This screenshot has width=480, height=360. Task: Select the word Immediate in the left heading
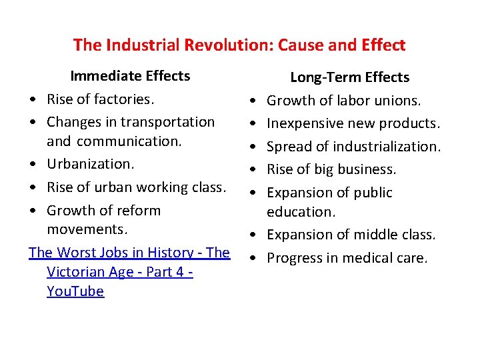(101, 76)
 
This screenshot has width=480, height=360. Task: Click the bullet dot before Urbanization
(32, 165)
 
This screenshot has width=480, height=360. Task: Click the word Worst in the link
(81, 253)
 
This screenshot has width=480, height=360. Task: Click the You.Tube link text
(75, 291)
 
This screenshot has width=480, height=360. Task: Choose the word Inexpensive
(307, 123)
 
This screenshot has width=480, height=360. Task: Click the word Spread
(289, 147)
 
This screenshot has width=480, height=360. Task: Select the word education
(300, 212)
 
